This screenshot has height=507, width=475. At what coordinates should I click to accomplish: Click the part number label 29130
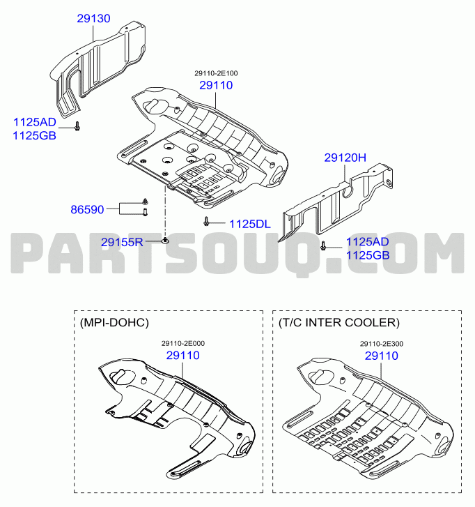(x=93, y=18)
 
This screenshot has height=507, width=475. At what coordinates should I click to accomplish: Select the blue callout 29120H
(x=345, y=158)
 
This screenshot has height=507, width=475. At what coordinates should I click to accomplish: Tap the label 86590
(x=87, y=209)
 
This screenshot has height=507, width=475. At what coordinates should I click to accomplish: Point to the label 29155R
(x=122, y=242)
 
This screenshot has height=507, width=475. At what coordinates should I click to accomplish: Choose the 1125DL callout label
(x=250, y=224)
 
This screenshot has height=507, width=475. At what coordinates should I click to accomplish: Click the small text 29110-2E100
(x=216, y=73)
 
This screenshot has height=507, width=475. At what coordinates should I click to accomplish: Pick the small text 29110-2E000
(x=183, y=343)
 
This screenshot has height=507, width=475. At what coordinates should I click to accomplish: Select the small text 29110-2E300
(x=382, y=344)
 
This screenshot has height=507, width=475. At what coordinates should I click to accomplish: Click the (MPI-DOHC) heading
(x=114, y=323)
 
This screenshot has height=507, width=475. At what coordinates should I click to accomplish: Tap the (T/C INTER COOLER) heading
(x=339, y=323)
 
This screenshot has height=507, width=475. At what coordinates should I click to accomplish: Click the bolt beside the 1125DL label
(x=206, y=222)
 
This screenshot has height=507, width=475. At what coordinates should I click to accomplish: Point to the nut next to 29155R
(x=165, y=240)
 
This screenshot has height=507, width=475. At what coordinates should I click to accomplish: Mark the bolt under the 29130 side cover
(x=77, y=126)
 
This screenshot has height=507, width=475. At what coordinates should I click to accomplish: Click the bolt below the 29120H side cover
(x=322, y=245)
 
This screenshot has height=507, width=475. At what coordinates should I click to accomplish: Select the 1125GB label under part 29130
(x=35, y=136)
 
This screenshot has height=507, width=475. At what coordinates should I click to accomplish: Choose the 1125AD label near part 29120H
(x=368, y=242)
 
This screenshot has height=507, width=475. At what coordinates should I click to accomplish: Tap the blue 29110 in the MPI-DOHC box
(x=183, y=356)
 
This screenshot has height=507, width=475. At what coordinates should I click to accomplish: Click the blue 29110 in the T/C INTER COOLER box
(x=382, y=356)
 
